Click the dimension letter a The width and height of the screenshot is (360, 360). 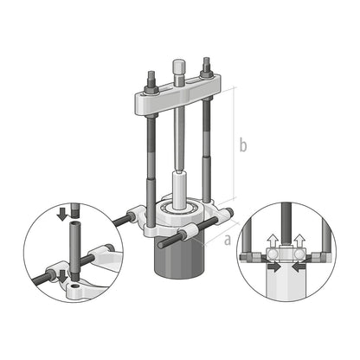pyautogui.click(x=227, y=240)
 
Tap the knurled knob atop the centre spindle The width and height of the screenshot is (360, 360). pyautogui.click(x=179, y=65)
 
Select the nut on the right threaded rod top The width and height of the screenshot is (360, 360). pyautogui.click(x=207, y=67)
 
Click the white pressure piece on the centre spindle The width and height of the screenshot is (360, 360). pyautogui.click(x=181, y=190)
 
